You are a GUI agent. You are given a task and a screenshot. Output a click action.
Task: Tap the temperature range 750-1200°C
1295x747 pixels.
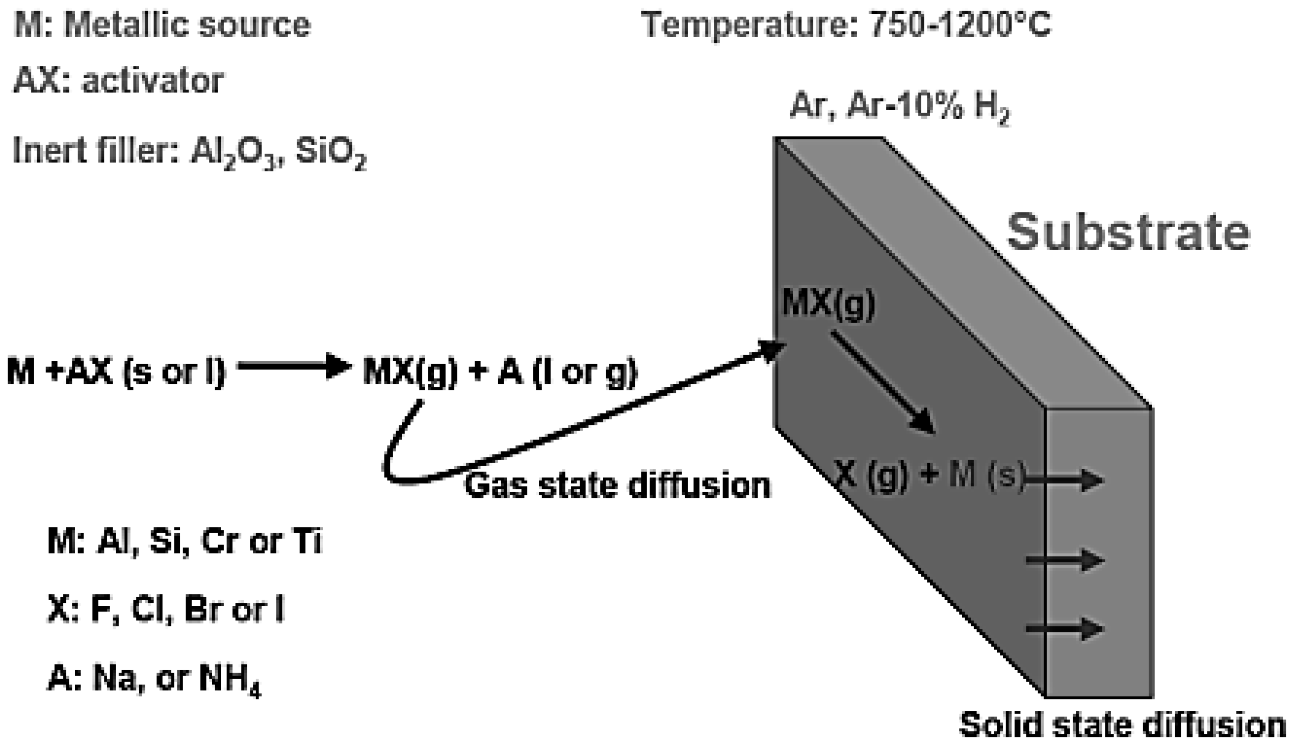pos(959,24)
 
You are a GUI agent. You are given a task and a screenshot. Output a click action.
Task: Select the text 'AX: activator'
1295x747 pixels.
pos(119,81)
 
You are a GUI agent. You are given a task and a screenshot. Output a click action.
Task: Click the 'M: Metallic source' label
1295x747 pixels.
pos(162,24)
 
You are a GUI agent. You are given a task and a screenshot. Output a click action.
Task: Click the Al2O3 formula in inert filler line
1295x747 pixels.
pos(233,153)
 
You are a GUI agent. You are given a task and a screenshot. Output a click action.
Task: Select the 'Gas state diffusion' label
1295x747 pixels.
pos(617,485)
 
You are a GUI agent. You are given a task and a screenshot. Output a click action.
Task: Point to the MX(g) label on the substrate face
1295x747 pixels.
pos(828,304)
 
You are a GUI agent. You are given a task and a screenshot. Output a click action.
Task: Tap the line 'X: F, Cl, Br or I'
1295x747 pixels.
pos(165,609)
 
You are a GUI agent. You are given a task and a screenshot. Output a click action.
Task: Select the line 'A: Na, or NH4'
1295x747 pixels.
pos(154,679)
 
